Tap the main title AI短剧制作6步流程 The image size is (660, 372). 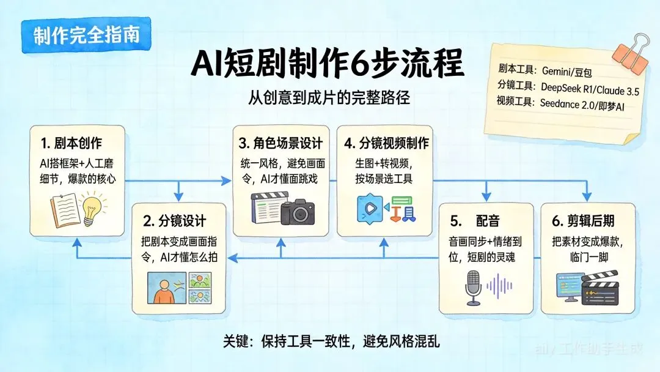pos(327,63)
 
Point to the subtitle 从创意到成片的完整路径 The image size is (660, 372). pos(327,97)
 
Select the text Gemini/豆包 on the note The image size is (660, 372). pos(568,71)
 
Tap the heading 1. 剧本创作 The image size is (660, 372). pos(73,144)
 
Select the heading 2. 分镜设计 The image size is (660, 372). pos(175,220)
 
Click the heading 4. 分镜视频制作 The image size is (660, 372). pos(386,144)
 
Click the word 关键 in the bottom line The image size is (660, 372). pos(236,341)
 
